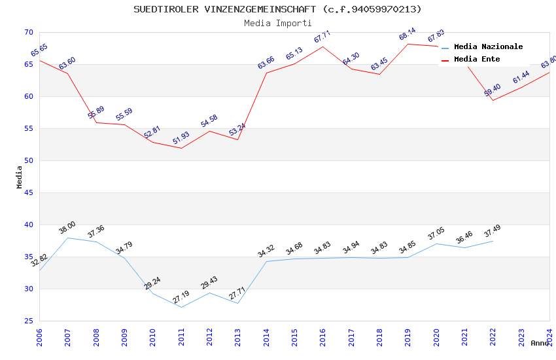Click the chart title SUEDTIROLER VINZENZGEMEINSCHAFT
click(x=277, y=9)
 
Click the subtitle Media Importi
click(x=277, y=23)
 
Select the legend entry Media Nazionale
click(x=488, y=46)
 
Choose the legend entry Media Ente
click(x=477, y=59)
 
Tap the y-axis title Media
click(x=20, y=177)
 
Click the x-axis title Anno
click(x=540, y=343)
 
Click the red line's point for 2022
click(x=493, y=100)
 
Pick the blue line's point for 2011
click(x=181, y=307)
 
